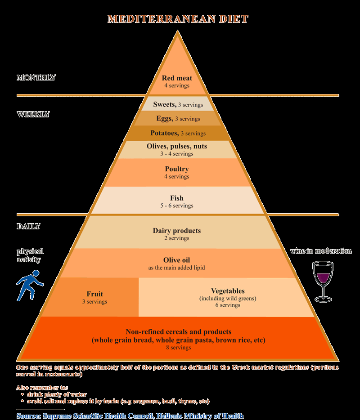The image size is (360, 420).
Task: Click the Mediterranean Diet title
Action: tap(178, 19)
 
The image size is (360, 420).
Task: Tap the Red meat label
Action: tap(177, 78)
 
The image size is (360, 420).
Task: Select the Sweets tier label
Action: tap(164, 104)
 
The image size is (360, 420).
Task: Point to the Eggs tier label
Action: tap(165, 119)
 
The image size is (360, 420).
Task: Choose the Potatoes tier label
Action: tap(165, 133)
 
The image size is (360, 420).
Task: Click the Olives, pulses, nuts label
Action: tap(177, 146)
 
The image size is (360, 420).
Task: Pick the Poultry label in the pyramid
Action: tap(177, 169)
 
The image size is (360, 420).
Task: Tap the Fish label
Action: tap(177, 198)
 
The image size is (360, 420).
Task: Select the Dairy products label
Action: tap(177, 231)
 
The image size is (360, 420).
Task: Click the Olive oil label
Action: tap(177, 260)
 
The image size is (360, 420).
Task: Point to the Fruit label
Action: tap(94, 295)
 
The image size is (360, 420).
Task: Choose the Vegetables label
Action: tap(227, 291)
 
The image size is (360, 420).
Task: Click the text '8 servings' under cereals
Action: tap(179, 348)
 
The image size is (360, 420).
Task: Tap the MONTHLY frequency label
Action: tap(36, 78)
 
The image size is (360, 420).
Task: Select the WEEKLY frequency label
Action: tap(33, 114)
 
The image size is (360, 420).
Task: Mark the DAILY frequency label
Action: tap(28, 227)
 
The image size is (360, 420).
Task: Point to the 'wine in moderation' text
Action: tap(321, 251)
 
